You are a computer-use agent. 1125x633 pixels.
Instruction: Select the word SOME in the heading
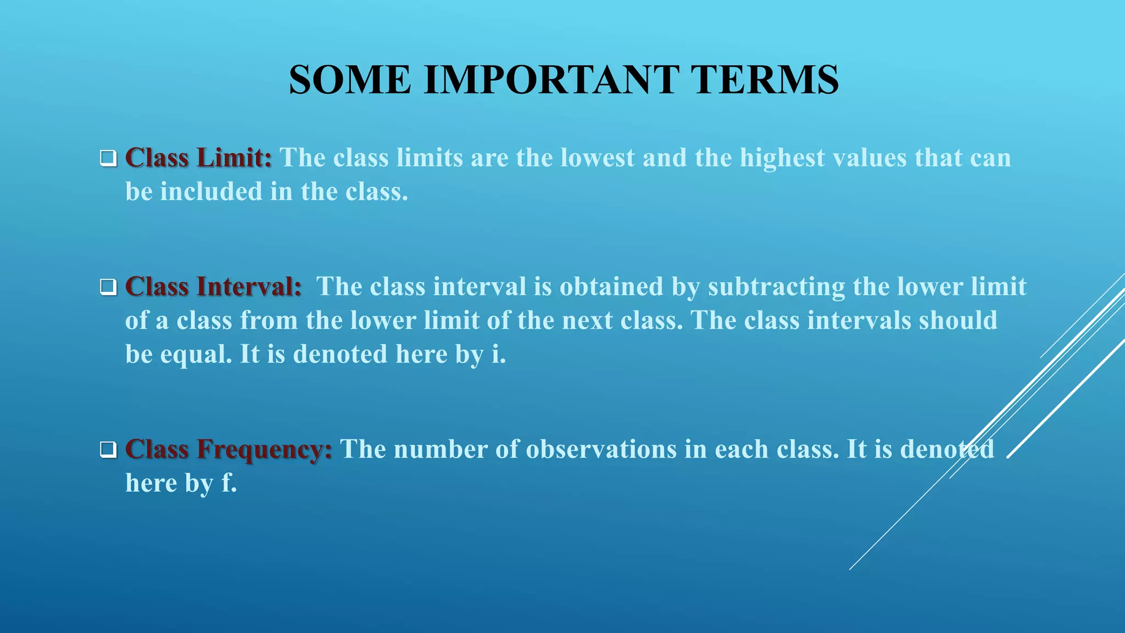coord(350,80)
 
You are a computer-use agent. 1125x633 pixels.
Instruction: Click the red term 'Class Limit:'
coord(198,158)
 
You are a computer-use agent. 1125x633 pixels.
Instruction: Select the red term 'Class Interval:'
coord(213,287)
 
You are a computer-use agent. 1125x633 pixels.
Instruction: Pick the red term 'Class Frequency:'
coord(229,449)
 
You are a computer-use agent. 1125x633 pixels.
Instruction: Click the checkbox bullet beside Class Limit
coord(108,159)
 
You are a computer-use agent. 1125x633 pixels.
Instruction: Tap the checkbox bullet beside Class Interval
coord(108,287)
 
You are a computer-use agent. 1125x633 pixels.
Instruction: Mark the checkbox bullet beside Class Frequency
coord(108,450)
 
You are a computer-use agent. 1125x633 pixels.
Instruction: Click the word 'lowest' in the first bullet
coord(597,158)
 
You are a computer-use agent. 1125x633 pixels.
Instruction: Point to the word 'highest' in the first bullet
coord(782,158)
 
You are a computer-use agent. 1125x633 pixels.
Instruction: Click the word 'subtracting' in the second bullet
coord(776,287)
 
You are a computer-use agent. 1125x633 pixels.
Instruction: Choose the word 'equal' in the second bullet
coord(196,355)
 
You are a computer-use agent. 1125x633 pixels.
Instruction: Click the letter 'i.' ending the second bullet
coord(498,354)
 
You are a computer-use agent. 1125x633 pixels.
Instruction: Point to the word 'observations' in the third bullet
coord(601,449)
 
